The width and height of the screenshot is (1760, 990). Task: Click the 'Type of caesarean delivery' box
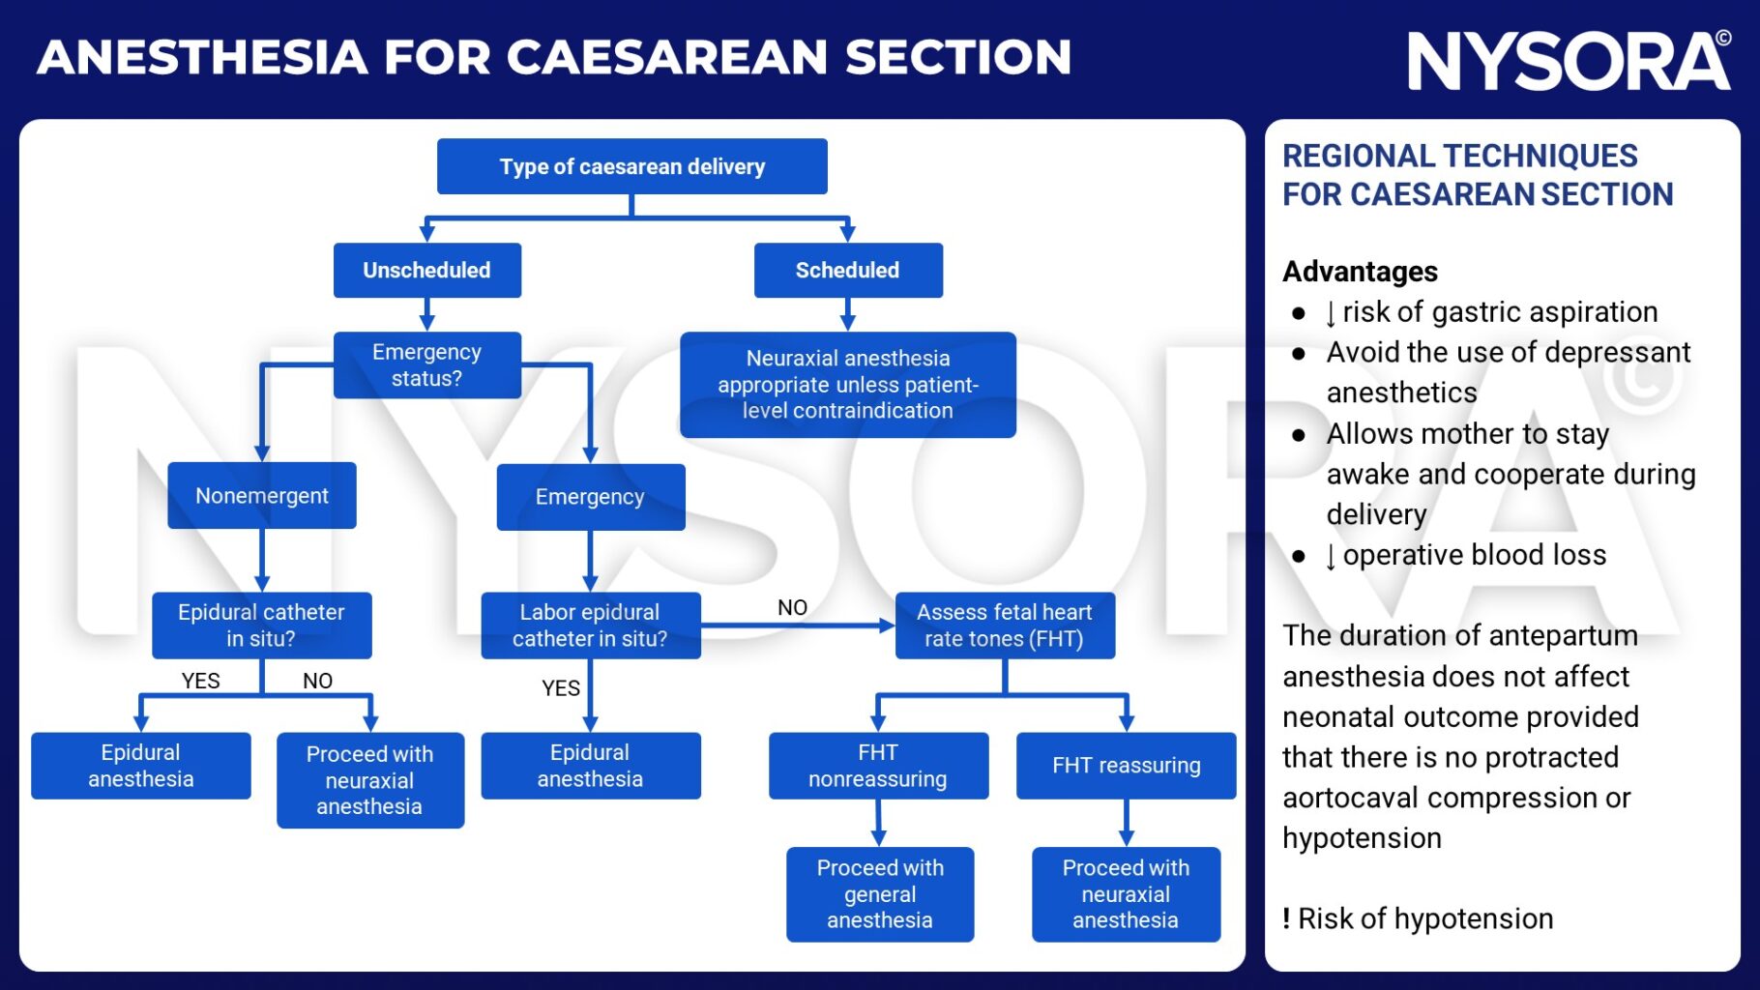[631, 166]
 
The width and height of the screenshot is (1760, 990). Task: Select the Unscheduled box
[426, 270]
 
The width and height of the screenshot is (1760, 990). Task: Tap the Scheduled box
[847, 270]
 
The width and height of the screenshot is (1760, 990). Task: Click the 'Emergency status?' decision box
[426, 364]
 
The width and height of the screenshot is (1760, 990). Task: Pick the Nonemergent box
[261, 495]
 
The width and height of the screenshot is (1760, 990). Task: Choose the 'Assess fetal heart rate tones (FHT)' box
[1004, 625]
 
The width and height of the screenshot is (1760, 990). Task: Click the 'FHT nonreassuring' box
[877, 765]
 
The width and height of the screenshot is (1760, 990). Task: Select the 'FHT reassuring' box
[1126, 765]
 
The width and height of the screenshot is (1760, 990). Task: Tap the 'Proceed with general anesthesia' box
[879, 893]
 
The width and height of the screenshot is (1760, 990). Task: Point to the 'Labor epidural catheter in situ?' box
[590, 625]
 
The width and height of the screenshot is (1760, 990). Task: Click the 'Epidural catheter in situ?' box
[261, 625]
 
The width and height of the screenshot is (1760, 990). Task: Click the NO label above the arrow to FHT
[792, 607]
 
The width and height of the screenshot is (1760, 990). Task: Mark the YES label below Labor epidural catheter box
[561, 688]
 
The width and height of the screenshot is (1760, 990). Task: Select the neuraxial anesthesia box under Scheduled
[847, 384]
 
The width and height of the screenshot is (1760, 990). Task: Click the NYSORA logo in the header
[1568, 61]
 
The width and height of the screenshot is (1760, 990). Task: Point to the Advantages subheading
[1360, 272]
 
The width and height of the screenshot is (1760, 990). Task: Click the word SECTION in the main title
[957, 57]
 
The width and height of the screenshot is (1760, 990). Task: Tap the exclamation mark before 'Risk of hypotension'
[1286, 918]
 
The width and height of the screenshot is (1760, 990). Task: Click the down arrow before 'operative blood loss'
[1331, 556]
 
